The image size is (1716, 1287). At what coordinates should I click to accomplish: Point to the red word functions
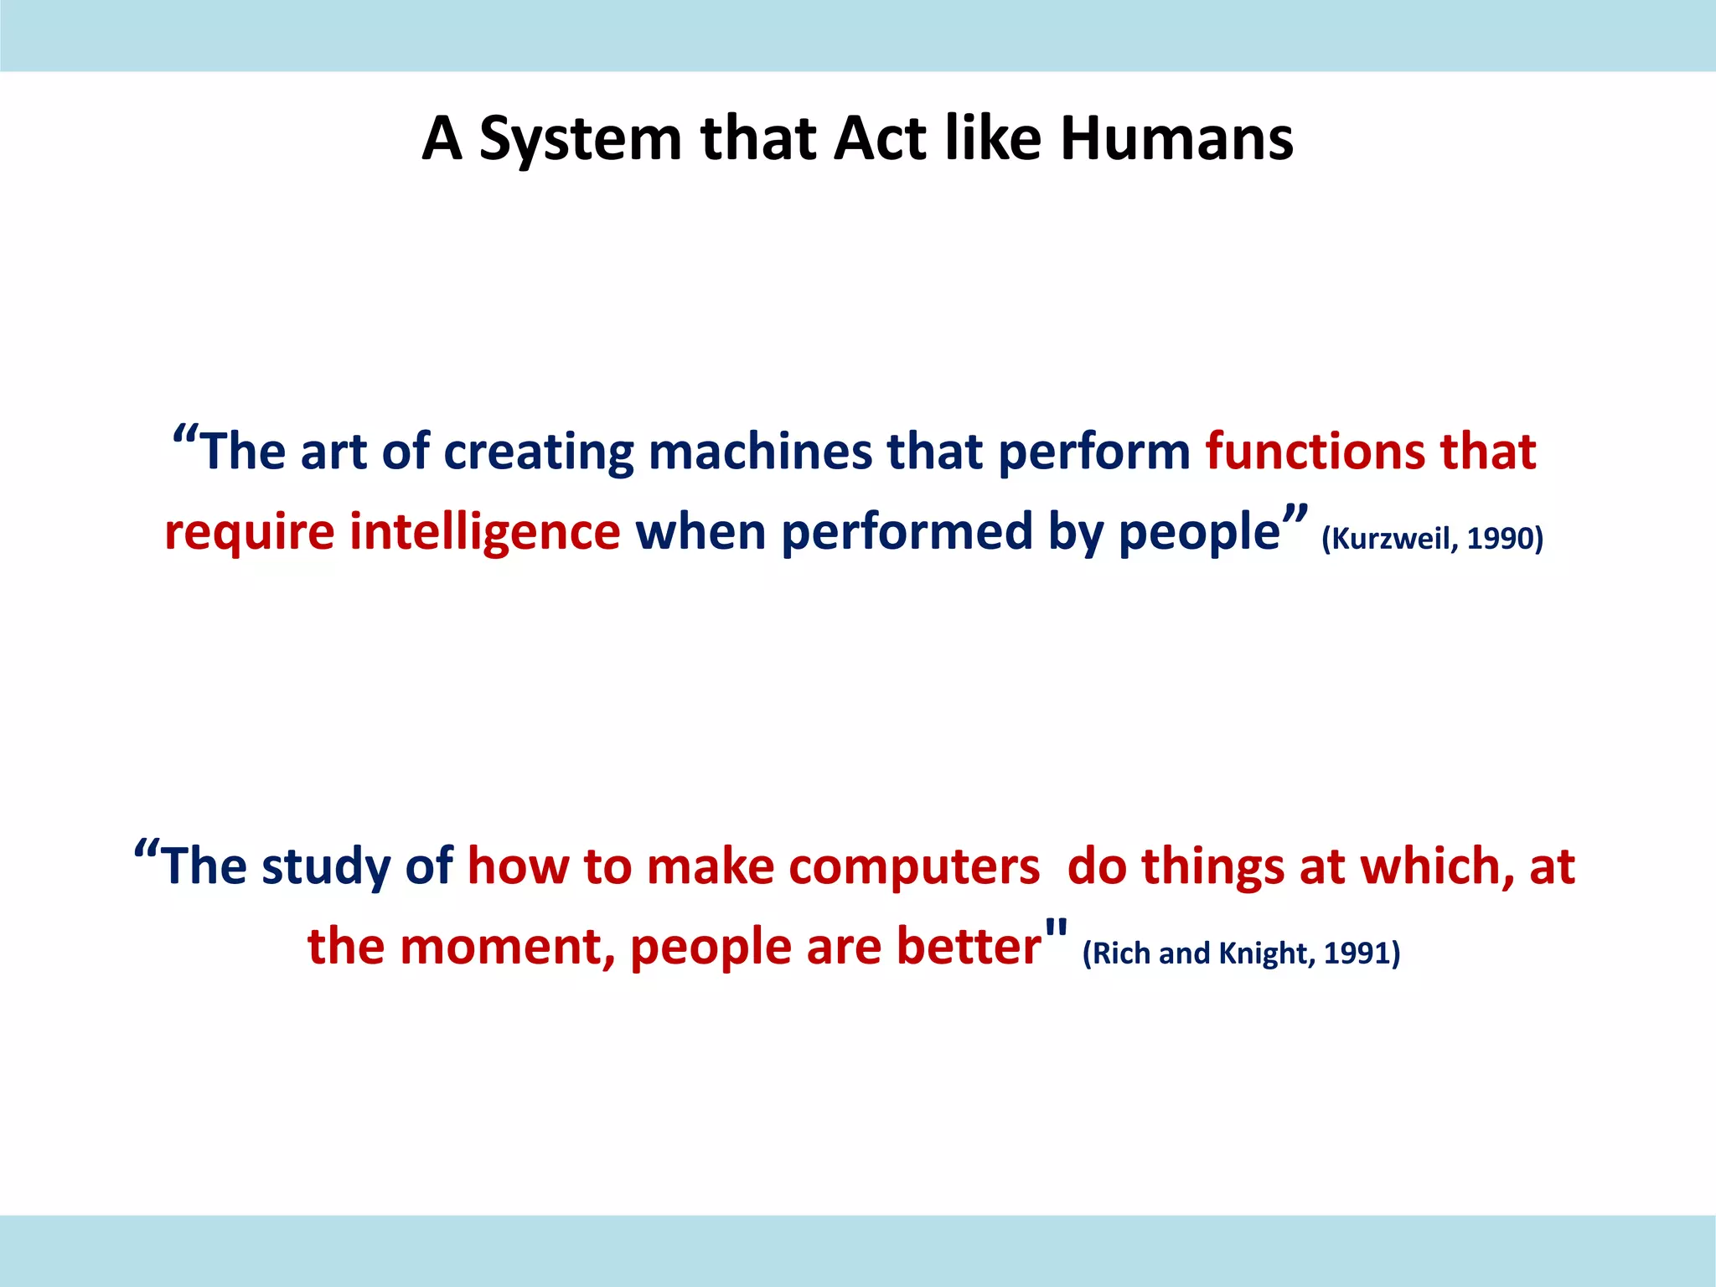click(1315, 452)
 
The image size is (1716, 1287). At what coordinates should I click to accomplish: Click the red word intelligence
click(484, 533)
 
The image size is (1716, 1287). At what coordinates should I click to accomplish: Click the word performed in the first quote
click(907, 533)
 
